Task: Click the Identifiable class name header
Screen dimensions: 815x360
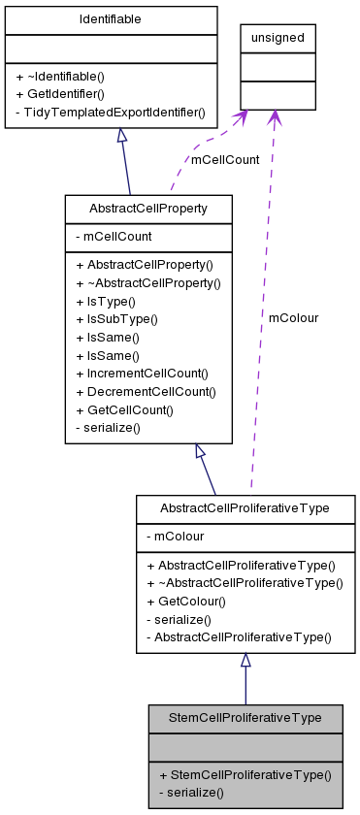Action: coord(110,19)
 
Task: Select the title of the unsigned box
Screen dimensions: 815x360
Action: coord(278,38)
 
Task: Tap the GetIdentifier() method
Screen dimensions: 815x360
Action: coord(70,94)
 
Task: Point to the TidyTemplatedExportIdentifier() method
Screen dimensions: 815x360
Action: coord(110,112)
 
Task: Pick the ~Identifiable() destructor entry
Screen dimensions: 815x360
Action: coord(66,77)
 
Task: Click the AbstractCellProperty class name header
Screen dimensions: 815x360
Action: coord(147,209)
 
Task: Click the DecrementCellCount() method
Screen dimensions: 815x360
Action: coord(151,391)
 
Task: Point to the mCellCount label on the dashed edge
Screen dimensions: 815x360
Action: coord(225,160)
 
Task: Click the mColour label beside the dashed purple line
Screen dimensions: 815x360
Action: coord(293,317)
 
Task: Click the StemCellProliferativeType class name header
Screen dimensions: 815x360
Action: coord(245,718)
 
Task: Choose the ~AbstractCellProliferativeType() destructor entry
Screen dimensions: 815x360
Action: coord(245,583)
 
